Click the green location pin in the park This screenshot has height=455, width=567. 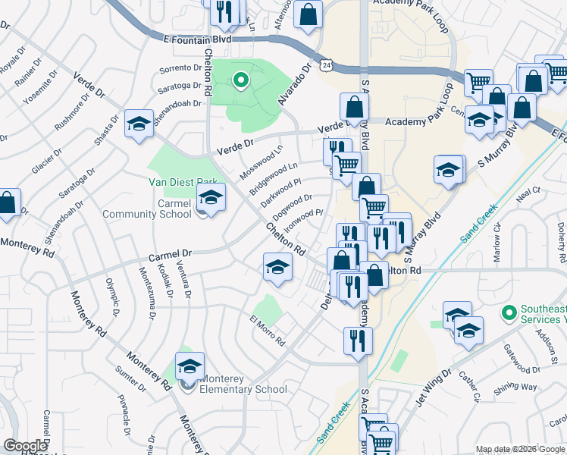pos(241,80)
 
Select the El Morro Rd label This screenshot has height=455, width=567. pos(267,330)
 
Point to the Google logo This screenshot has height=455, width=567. pos(25,446)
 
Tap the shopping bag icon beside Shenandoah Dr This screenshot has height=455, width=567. pos(7,203)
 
